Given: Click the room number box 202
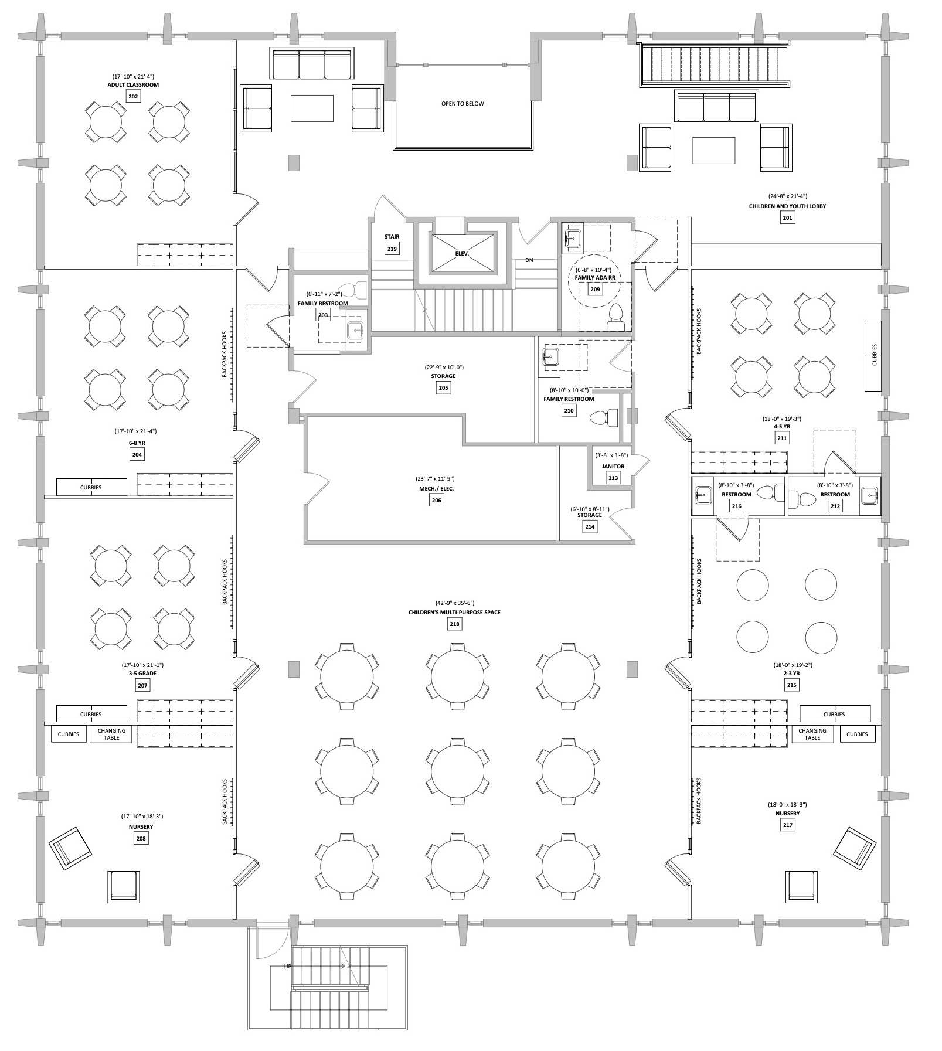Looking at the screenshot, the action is pyautogui.click(x=134, y=96).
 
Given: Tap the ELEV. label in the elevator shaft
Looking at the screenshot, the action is pyautogui.click(x=464, y=253).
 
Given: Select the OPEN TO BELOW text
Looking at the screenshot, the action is pyautogui.click(x=463, y=104).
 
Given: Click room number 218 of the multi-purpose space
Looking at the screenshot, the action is pyautogui.click(x=454, y=624).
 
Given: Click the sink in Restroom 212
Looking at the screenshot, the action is pyautogui.click(x=870, y=495).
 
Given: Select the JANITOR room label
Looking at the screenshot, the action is pyautogui.click(x=613, y=467).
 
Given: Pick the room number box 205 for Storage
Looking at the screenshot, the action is pyautogui.click(x=443, y=387).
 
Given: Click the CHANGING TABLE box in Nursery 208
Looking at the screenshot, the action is pyautogui.click(x=111, y=734).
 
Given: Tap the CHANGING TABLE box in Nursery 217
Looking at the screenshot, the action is pyautogui.click(x=812, y=734).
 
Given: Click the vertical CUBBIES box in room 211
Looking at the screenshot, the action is pyautogui.click(x=873, y=355).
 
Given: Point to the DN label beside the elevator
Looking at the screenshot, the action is pyautogui.click(x=529, y=260).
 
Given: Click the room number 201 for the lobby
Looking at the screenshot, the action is pyautogui.click(x=787, y=218).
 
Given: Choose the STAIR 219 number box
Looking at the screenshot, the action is pyautogui.click(x=392, y=249).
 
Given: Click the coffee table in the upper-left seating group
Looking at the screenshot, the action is pyautogui.click(x=312, y=108).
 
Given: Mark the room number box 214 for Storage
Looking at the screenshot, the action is pyautogui.click(x=590, y=527).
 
